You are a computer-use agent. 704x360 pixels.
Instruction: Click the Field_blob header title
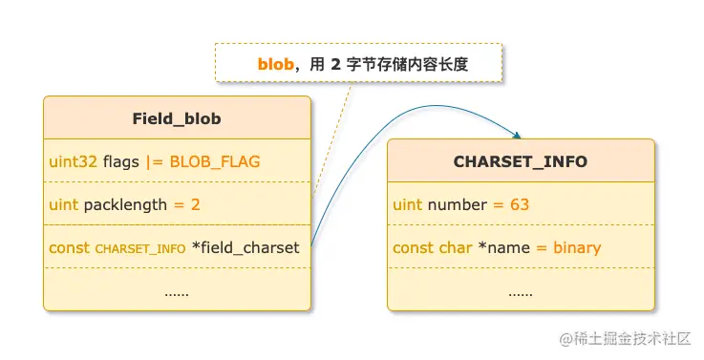click(x=177, y=118)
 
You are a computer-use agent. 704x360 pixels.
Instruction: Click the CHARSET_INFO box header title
click(x=521, y=161)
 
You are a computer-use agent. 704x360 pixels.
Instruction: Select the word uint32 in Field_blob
click(x=74, y=161)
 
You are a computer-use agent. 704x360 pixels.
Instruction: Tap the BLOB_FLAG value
click(x=215, y=161)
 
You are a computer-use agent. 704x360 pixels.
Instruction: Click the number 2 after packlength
click(x=195, y=204)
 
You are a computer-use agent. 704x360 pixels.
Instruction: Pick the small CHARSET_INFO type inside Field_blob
click(x=140, y=248)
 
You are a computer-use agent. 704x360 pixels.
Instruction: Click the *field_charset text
click(x=245, y=248)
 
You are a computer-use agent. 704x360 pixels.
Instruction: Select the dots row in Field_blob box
click(x=177, y=291)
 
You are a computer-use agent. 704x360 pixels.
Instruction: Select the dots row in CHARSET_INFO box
click(x=521, y=291)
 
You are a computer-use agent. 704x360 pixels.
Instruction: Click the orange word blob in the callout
click(x=275, y=64)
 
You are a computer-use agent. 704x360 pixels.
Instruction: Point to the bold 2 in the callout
click(x=335, y=64)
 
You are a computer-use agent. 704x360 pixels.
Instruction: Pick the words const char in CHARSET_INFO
click(x=432, y=248)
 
